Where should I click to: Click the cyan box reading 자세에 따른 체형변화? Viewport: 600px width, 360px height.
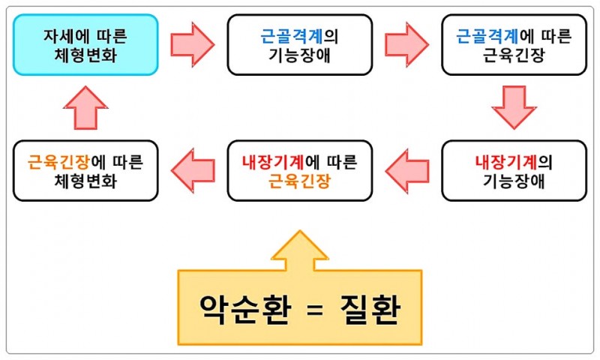pyautogui.click(x=85, y=44)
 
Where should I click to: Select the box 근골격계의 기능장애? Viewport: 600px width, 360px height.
pyautogui.click(x=299, y=44)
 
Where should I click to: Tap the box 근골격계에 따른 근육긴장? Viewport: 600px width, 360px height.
pyautogui.click(x=514, y=44)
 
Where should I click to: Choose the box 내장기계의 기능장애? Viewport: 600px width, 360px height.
pyautogui.click(x=514, y=170)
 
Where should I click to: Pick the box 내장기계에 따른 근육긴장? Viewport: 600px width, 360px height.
pyautogui.click(x=299, y=170)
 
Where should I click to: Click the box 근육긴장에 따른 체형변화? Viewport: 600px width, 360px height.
pyautogui.click(x=85, y=170)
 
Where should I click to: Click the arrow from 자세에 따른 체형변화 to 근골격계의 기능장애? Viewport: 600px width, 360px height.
pyautogui.click(x=192, y=44)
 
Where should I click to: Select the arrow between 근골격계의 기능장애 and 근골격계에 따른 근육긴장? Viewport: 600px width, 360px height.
pyautogui.click(x=406, y=44)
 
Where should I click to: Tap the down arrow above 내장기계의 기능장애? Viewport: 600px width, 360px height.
pyautogui.click(x=514, y=107)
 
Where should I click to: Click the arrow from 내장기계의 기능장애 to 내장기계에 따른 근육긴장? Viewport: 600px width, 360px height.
pyautogui.click(x=406, y=170)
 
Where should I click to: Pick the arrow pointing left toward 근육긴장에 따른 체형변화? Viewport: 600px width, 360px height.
pyautogui.click(x=192, y=170)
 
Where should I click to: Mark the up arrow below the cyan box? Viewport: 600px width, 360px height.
pyautogui.click(x=85, y=107)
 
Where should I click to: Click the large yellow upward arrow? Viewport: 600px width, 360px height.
pyautogui.click(x=299, y=247)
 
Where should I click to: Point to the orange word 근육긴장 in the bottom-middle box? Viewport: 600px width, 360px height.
pyautogui.click(x=299, y=181)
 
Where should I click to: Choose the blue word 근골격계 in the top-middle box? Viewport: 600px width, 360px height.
pyautogui.click(x=289, y=34)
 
